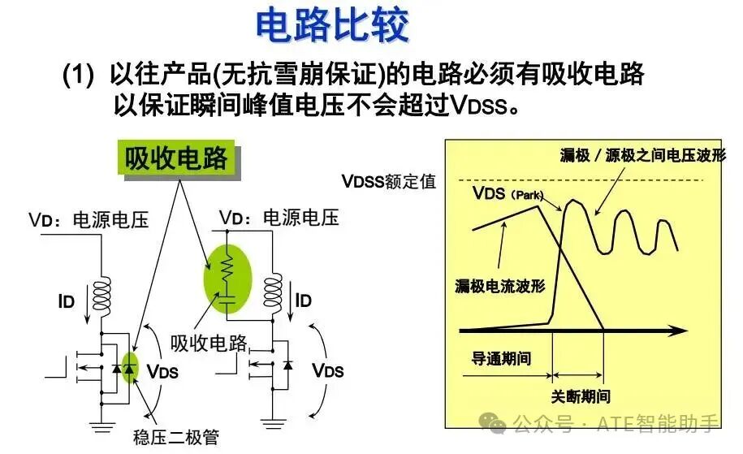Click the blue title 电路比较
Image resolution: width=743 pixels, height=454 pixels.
332,25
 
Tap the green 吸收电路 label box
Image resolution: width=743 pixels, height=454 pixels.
177,158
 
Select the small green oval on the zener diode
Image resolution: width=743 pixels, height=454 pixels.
129,368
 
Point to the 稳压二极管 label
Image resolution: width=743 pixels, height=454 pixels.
176,437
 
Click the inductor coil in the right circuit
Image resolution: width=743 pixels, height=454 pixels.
273,296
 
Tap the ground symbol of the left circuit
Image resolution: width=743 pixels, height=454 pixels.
102,426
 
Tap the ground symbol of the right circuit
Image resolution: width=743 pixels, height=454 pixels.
273,423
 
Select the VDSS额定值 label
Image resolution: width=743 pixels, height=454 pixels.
389,181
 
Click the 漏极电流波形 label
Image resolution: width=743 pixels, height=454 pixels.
500,286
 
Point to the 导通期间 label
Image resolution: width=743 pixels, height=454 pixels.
501,358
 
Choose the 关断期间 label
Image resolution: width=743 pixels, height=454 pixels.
581,396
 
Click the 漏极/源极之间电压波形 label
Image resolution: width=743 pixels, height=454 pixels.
642,155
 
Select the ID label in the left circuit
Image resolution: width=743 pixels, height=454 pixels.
67,301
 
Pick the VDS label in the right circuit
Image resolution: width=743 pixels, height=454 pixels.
328,370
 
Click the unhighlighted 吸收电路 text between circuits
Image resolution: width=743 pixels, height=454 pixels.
209,343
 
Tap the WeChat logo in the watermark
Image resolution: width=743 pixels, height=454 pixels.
492,422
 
